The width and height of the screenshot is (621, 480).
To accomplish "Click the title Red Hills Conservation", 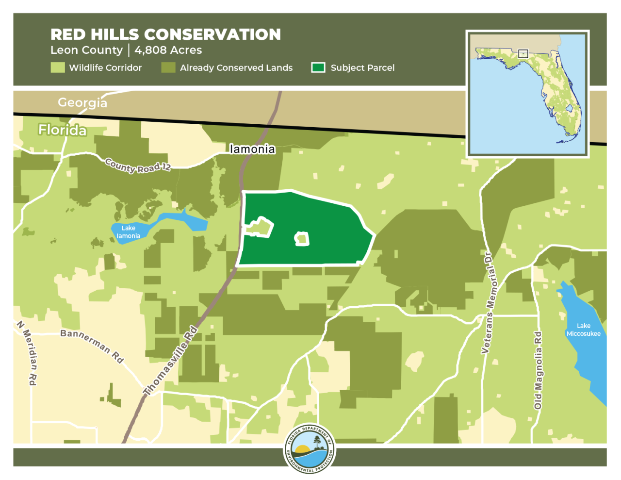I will point(165,34).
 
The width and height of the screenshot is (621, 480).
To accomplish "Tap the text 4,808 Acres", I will point(168,50).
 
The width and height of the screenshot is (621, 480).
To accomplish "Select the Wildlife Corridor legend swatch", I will point(58,67).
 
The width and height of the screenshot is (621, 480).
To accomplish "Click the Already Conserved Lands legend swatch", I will point(168,67).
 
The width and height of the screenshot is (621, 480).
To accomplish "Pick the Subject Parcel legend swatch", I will point(318,67).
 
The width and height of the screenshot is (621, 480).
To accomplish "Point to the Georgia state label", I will point(82,102).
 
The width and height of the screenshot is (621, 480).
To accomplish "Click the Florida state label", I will point(63,130).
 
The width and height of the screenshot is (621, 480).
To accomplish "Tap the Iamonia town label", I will point(252,149).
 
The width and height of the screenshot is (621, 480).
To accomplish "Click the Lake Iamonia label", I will point(128,232).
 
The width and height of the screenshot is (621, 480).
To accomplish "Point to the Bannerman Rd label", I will point(92,345).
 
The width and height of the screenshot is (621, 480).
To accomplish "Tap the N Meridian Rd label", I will point(27,353).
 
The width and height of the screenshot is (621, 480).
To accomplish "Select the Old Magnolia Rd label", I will point(538,370).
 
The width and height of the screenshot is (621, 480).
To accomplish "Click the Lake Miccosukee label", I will point(583,330).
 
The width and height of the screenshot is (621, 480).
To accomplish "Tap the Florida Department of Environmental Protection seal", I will point(310,449).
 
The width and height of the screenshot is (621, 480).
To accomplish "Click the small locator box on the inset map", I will point(523,53).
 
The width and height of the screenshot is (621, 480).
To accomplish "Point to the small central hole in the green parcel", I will point(302,239).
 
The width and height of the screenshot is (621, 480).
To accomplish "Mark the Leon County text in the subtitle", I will point(86,50).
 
